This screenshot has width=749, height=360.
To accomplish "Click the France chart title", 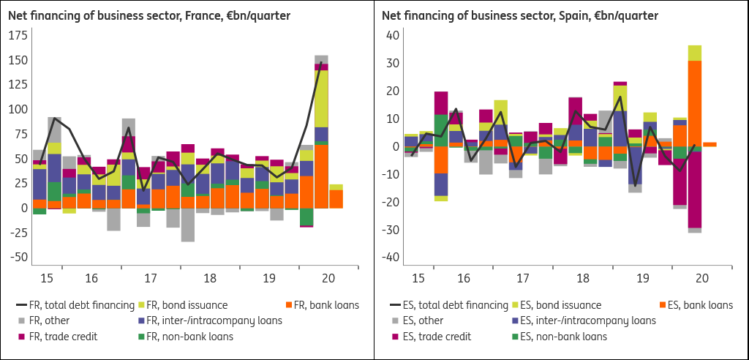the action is pos(149,16).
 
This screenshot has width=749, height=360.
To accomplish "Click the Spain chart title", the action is pos(520,16).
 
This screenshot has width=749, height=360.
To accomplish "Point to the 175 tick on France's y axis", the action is pos(18,36).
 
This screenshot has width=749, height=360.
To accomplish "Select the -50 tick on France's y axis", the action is pos(18,257).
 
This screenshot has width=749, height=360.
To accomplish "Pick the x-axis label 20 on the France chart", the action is pos(328,278).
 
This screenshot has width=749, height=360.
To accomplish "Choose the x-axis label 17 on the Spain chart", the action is pos(523,278).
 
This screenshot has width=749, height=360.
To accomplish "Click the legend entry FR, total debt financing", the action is pos(75,304).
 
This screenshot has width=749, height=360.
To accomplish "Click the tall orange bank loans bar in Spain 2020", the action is pos(695,103).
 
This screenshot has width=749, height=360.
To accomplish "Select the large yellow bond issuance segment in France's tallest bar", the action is pos(321,99).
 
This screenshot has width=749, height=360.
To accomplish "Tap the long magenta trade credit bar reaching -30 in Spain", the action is pos(695,190).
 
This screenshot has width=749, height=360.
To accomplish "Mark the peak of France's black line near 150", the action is pos(321,61).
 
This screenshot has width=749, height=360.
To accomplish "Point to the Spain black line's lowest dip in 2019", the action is pos(635,186).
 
